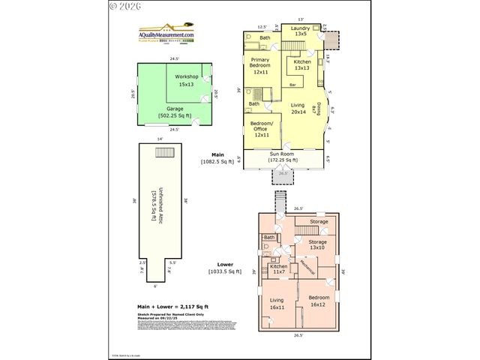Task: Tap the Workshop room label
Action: [x=186, y=81]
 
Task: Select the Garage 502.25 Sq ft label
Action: [x=174, y=112]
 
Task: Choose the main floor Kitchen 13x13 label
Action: [x=302, y=64]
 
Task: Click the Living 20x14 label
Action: [x=298, y=109]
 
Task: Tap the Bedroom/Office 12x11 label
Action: [x=262, y=130]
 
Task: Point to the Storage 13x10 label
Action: [x=318, y=245]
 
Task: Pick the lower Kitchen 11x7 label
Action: [x=278, y=269]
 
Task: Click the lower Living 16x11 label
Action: [x=277, y=302]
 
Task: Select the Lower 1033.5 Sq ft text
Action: [x=224, y=268]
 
